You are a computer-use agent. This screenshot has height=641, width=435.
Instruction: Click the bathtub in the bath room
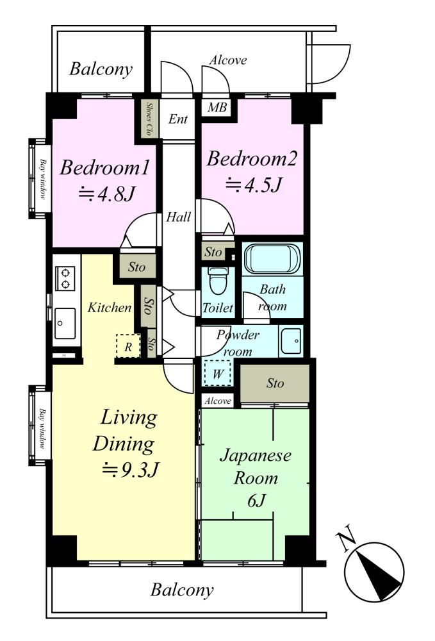click(x=272, y=258)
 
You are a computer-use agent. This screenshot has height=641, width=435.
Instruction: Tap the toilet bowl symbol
click(x=218, y=281)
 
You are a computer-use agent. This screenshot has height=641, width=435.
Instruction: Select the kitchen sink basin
click(x=65, y=322)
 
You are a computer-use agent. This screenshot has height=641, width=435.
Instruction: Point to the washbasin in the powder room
click(x=291, y=341)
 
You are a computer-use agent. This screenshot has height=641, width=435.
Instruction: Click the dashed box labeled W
click(x=218, y=373)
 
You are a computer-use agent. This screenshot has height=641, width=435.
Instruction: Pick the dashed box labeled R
click(x=128, y=346)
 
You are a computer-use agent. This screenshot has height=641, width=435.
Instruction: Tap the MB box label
click(x=217, y=108)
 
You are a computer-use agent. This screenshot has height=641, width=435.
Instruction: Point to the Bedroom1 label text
click(x=105, y=167)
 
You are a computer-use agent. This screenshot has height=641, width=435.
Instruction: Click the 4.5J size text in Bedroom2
click(x=254, y=185)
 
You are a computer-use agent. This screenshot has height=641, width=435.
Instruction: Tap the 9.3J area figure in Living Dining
click(x=130, y=470)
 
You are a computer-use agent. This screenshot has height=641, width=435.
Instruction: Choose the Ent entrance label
click(x=178, y=119)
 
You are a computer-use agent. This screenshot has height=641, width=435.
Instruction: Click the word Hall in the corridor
click(x=179, y=217)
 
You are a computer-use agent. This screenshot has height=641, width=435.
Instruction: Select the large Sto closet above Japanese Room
click(x=274, y=383)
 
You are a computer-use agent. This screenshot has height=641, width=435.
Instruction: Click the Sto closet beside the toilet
click(x=213, y=252)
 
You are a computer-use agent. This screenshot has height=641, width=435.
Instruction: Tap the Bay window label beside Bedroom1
click(x=42, y=179)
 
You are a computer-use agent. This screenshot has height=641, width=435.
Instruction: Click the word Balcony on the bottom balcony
click(x=182, y=590)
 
